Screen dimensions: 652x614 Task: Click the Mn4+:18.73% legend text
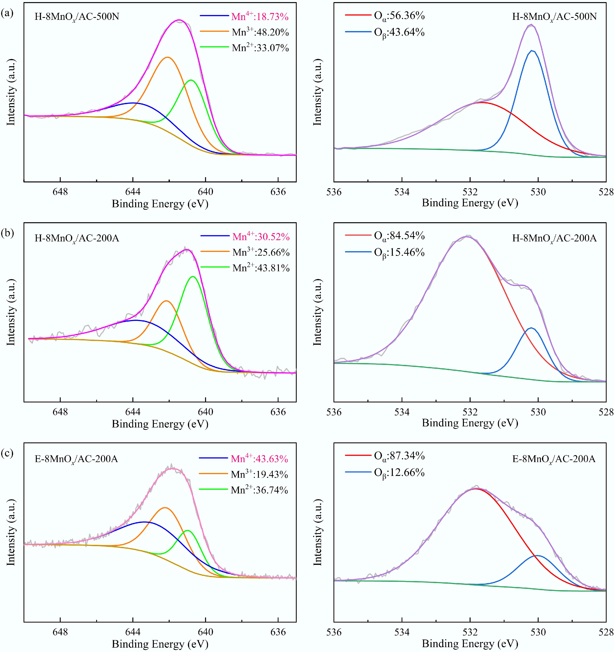(x=260, y=17)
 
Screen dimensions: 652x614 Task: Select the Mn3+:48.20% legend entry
(x=260, y=32)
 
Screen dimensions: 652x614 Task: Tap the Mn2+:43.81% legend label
(x=261, y=268)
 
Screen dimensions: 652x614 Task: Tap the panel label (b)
(x=7, y=233)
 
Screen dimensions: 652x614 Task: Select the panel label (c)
(x=7, y=453)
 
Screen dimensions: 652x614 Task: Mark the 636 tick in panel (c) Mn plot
(x=278, y=632)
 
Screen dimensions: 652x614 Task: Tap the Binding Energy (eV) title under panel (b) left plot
(x=160, y=424)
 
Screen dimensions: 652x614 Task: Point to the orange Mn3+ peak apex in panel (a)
(x=168, y=57)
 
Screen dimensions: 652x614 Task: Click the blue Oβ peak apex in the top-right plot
(x=532, y=51)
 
